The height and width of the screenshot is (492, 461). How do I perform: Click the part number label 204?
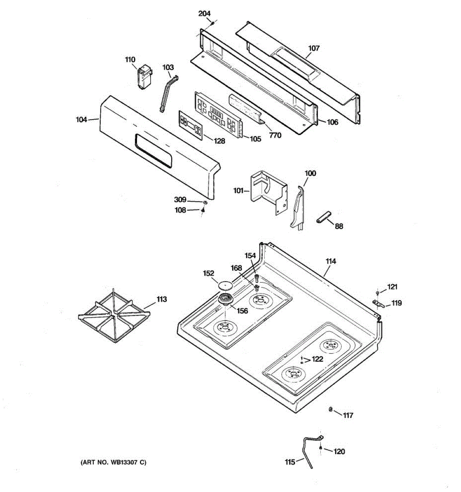pos(204,14)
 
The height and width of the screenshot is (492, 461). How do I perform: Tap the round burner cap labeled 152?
pos(225,284)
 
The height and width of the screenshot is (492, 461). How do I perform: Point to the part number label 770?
pos(275,135)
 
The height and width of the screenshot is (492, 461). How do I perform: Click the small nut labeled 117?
pos(330,409)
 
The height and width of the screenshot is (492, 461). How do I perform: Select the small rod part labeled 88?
pos(324,217)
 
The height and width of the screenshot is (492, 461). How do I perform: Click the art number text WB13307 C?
pos(113,462)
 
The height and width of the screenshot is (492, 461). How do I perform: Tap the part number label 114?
pos(331,261)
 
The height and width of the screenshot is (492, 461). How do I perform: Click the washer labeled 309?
pos(204,203)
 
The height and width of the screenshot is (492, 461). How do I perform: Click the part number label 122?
pos(317,359)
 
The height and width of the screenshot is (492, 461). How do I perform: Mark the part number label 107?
pos(313,48)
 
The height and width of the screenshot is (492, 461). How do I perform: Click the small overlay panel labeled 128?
pos(191,125)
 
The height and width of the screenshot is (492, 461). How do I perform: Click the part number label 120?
pos(339,451)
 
